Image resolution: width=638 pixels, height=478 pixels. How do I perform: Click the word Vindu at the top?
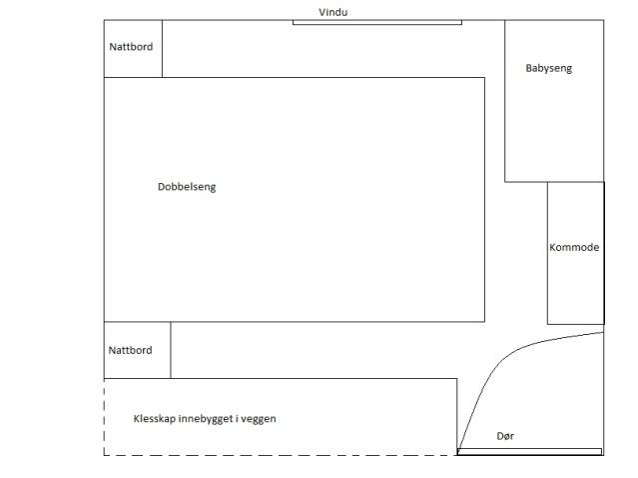[x=333, y=12]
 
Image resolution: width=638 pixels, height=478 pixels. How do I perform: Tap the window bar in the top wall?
[x=376, y=22]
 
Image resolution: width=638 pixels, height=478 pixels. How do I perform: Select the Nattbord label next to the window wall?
[x=131, y=46]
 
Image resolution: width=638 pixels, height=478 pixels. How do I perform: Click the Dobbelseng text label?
[x=187, y=187]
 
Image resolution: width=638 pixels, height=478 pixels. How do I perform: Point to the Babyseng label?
[x=549, y=69]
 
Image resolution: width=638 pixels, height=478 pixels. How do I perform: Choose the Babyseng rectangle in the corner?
[x=554, y=120]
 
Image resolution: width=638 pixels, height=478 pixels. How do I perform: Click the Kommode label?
[x=574, y=247]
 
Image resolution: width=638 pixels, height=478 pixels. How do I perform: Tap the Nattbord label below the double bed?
[x=131, y=350]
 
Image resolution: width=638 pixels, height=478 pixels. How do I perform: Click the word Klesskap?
[x=154, y=419]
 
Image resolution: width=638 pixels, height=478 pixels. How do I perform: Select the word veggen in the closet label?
[x=258, y=419]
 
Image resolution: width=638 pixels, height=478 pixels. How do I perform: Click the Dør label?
[x=505, y=437]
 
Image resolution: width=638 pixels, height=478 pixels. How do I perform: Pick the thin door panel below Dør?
[x=529, y=452]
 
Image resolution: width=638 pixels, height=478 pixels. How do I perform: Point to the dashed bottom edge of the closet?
[x=280, y=456]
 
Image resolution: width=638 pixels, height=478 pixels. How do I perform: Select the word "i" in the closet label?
[x=235, y=419]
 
